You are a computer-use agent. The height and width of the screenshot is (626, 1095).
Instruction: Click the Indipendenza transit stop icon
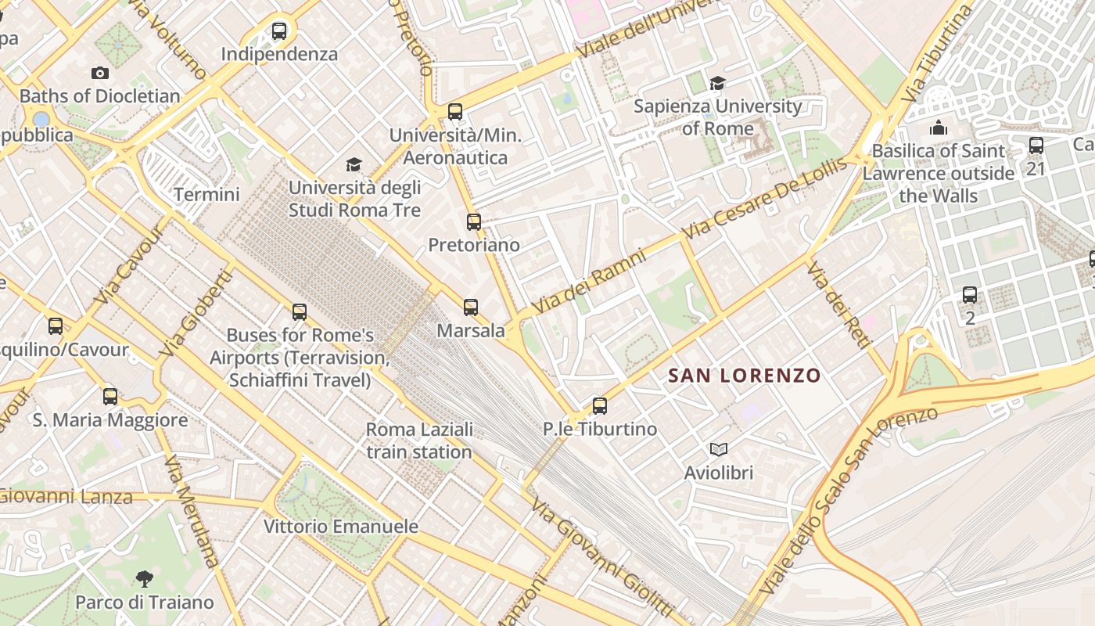coord(279,31)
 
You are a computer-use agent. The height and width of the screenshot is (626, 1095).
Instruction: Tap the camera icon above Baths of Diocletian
coord(100,73)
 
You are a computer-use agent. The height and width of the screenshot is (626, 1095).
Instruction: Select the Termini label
coord(206,194)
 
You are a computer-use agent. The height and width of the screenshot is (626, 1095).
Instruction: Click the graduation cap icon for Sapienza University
coord(717,83)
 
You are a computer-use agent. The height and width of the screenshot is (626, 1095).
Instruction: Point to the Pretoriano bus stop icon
coord(474,222)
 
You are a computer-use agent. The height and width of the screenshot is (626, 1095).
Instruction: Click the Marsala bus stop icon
coord(470,308)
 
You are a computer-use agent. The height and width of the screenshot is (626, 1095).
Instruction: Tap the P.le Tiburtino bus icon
coord(600,406)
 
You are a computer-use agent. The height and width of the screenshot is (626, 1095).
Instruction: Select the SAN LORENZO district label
coord(745,376)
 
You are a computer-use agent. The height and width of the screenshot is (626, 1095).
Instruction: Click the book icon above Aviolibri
coord(719,449)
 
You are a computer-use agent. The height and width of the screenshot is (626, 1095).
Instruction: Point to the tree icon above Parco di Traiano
coord(144,579)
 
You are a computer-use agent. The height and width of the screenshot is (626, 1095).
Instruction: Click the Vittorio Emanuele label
coord(341,526)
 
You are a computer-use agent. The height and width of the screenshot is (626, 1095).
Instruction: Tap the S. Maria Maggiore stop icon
coord(110,397)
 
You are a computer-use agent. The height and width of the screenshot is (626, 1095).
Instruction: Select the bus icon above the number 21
coord(1036,146)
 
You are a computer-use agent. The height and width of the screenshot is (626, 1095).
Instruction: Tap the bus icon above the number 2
coord(970,295)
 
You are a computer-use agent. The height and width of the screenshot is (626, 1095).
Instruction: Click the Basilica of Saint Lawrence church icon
coord(938,128)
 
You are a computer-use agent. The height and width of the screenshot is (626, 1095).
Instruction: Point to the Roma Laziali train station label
coord(419,441)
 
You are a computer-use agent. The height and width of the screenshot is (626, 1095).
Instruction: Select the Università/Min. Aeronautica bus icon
coord(455,112)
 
